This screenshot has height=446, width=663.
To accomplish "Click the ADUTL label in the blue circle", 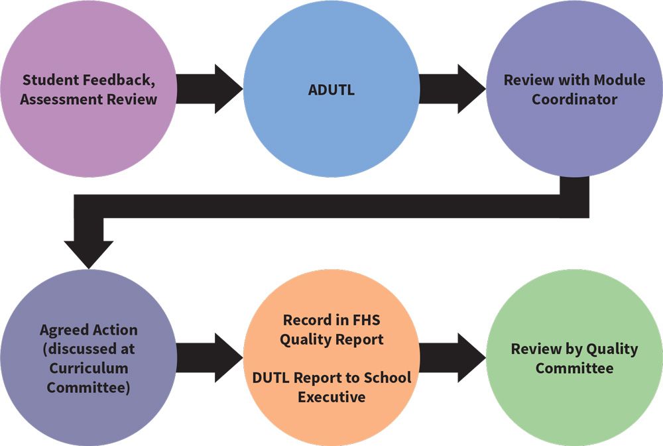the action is pyautogui.click(x=331, y=90).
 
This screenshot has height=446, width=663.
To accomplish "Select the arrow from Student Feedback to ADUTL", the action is pyautogui.click(x=210, y=89).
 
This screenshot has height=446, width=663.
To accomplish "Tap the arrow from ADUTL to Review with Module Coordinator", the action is pyautogui.click(x=452, y=89).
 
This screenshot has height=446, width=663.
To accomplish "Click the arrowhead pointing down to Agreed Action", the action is pyautogui.click(x=88, y=254).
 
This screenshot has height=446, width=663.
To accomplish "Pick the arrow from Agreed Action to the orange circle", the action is pyautogui.click(x=210, y=358).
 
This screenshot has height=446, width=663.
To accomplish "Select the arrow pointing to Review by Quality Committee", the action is pyautogui.click(x=452, y=358).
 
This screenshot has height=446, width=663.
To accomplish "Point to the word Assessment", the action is pyautogui.click(x=61, y=99).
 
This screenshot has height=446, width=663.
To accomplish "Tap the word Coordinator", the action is pyautogui.click(x=574, y=99).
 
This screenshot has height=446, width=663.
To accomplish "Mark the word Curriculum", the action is pyautogui.click(x=88, y=368).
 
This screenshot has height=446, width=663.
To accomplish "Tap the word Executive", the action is pyautogui.click(x=331, y=397).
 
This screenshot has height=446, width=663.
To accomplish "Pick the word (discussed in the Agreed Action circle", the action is pyautogui.click(x=78, y=349).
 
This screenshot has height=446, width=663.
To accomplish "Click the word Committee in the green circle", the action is pyautogui.click(x=574, y=368).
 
